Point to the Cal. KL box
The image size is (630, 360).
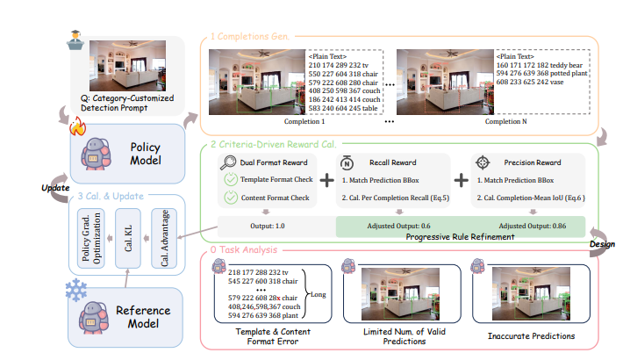click(130, 237)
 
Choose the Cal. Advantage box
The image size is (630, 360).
click(163, 237)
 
